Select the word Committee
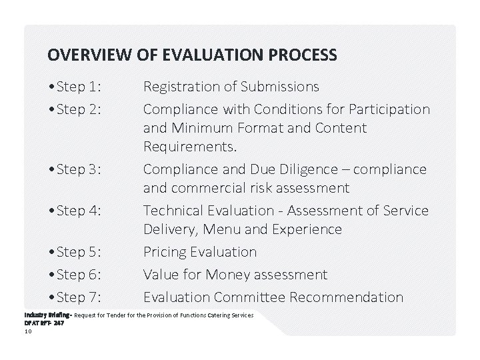point(253,297)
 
